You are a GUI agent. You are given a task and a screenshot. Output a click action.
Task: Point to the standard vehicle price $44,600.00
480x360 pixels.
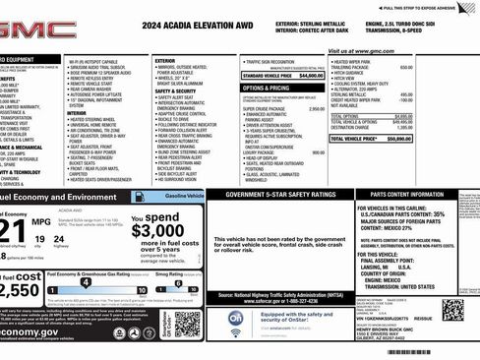tap(310, 75)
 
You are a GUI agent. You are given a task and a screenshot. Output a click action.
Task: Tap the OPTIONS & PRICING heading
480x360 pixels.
tap(266, 88)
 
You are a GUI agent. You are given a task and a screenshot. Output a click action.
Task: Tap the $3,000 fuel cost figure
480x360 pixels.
tap(157, 230)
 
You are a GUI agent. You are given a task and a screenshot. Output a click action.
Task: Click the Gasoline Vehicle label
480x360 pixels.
tap(183, 197)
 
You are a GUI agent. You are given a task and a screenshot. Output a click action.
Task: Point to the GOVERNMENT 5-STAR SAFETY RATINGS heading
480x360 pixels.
tap(281, 195)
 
